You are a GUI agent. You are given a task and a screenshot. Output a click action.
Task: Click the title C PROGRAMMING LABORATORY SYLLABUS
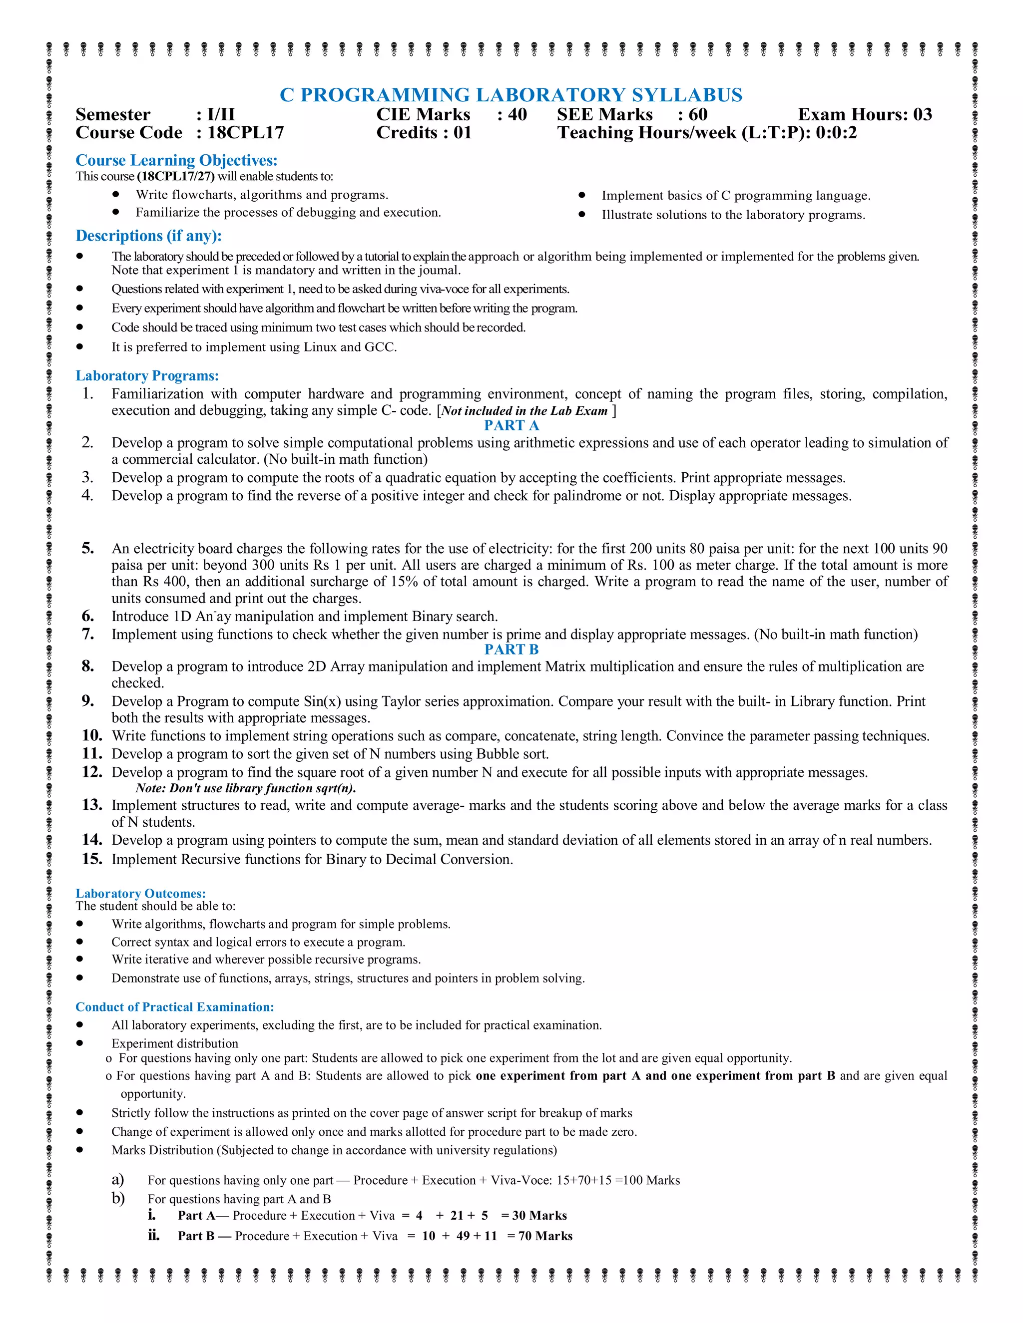coord(511,95)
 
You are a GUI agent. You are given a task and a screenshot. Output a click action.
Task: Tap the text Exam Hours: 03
coord(864,114)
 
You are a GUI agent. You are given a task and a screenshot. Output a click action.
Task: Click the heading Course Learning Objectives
coord(176,161)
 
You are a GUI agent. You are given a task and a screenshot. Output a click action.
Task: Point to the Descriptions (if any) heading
coord(148,236)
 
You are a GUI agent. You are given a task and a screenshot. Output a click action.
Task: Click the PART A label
coord(511,425)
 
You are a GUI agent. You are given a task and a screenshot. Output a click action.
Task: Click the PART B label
coord(511,650)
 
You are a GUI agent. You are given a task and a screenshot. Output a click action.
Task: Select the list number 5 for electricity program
coord(88,548)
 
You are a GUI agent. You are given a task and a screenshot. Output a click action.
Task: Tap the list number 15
coord(91,859)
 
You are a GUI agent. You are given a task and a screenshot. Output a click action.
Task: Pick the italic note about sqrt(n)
coord(245,788)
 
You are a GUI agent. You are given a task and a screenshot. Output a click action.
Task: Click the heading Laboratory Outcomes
coord(140,894)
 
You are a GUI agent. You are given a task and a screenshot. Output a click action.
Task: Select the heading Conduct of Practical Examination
coord(174,1007)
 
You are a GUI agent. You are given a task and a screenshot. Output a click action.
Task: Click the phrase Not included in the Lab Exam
coord(525,411)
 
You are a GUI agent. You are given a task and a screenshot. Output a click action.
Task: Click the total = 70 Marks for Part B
coord(539,1236)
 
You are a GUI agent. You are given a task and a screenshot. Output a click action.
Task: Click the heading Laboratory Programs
coord(147,376)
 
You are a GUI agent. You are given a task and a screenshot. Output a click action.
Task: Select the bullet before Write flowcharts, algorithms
coord(116,194)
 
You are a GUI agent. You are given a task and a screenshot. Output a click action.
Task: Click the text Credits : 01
coord(424,133)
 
